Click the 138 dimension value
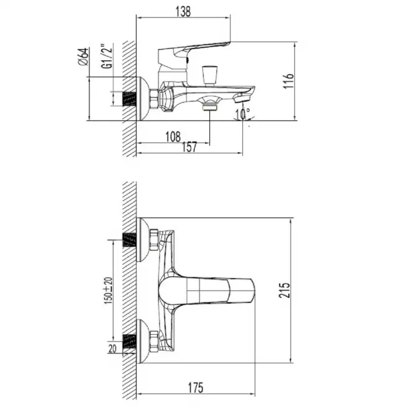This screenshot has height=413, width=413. coord(183,12)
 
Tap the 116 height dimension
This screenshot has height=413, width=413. coord(288,81)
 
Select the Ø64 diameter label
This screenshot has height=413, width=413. coord(83,57)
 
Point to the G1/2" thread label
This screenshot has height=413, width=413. coord(107,56)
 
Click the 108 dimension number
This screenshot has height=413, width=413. coord(173,137)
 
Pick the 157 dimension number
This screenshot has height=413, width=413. coord(189,147)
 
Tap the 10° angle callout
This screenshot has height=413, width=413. coord(243,114)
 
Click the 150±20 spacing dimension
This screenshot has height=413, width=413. coord(108,291)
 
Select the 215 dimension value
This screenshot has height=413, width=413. coord(284,290)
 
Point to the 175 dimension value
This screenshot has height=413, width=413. coord(196,388)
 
